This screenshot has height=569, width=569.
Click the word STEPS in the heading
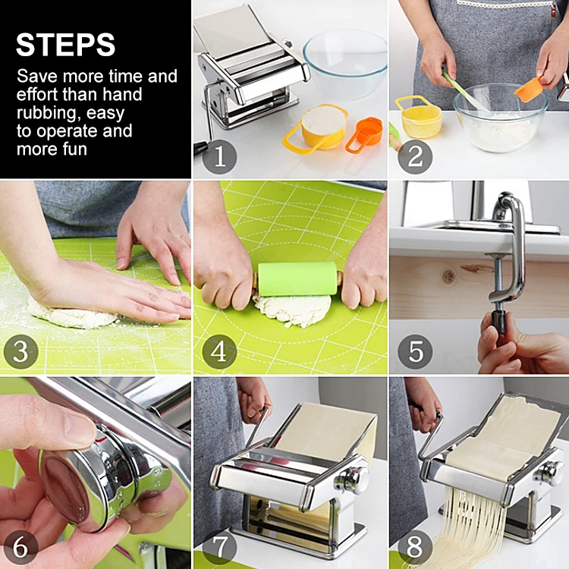coord(65,45)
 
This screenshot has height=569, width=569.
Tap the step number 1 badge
coord(219,157)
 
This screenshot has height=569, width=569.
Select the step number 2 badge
coord(415,157)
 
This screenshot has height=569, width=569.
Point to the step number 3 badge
coord(20,351)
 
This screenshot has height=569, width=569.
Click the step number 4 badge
coord(219,351)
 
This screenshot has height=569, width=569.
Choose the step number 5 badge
coord(415,351)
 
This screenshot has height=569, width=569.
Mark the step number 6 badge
coord(20,548)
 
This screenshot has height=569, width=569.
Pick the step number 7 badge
coord(219,548)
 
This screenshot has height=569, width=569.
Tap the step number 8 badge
coord(415,548)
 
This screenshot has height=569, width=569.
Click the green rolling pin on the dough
coord(297,278)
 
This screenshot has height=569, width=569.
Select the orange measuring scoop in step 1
coord(365,134)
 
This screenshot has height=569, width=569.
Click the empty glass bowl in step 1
coord(345,64)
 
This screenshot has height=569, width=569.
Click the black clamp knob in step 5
coord(499,322)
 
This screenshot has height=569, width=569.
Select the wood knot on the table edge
coord(449,277)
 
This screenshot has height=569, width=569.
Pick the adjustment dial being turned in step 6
coord(87,479)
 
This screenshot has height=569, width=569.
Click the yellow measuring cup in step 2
coord(419,117)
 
